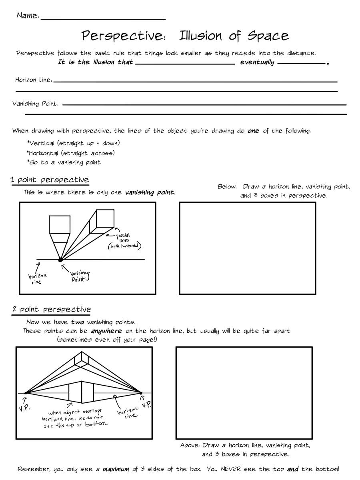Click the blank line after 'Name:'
click(103, 18)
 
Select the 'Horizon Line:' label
click(34, 80)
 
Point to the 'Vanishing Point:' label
click(36, 104)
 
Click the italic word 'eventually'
click(257, 62)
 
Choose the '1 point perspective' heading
click(50, 180)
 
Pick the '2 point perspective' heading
click(51, 309)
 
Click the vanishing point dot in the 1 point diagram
click(60, 260)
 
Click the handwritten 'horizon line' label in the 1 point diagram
click(37, 279)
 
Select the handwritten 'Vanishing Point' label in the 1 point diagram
click(80, 276)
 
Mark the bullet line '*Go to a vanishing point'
click(64, 162)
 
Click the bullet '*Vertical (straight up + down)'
click(73, 143)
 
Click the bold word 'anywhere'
click(106, 331)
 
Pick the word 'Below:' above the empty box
click(227, 187)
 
